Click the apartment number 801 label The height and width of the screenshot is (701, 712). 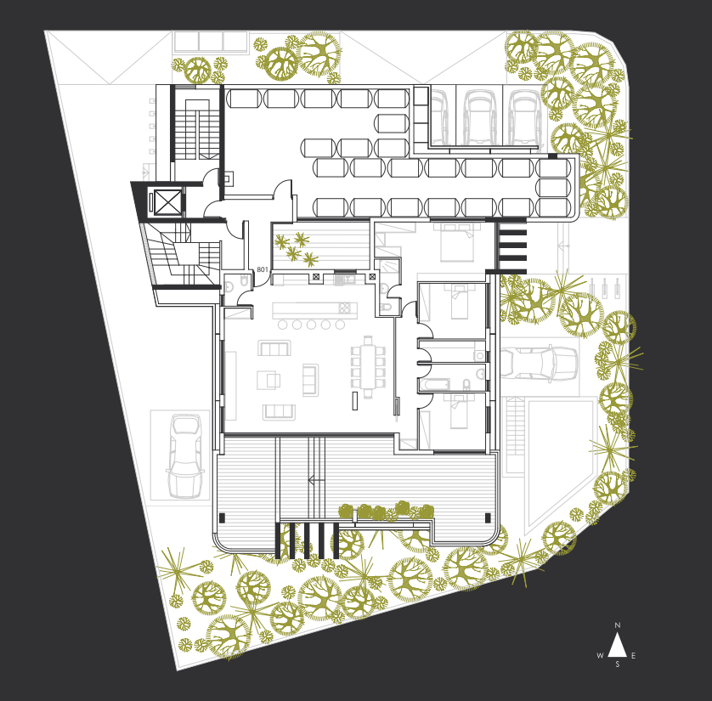tap(263, 269)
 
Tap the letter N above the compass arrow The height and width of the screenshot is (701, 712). tap(618, 625)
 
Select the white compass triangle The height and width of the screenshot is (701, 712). tap(618, 645)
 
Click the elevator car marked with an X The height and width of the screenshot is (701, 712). tap(167, 202)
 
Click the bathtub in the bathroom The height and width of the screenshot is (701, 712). tap(434, 385)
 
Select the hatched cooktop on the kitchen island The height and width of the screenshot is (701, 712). tap(344, 308)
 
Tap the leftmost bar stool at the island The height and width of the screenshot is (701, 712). tap(282, 325)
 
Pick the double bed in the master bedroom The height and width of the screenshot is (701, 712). tap(457, 242)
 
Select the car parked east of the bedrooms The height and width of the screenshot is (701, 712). tap(539, 363)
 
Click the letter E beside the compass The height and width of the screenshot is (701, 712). tap(634, 656)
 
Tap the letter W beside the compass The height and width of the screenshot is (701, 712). tap(601, 656)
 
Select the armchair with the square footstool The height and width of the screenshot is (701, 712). tap(268, 380)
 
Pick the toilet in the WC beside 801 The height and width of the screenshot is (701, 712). tap(229, 286)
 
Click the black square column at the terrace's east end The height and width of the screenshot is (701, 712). tap(488, 517)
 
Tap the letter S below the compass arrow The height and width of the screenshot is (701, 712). tap(618, 664)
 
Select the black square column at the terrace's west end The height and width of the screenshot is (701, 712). tap(222, 517)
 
